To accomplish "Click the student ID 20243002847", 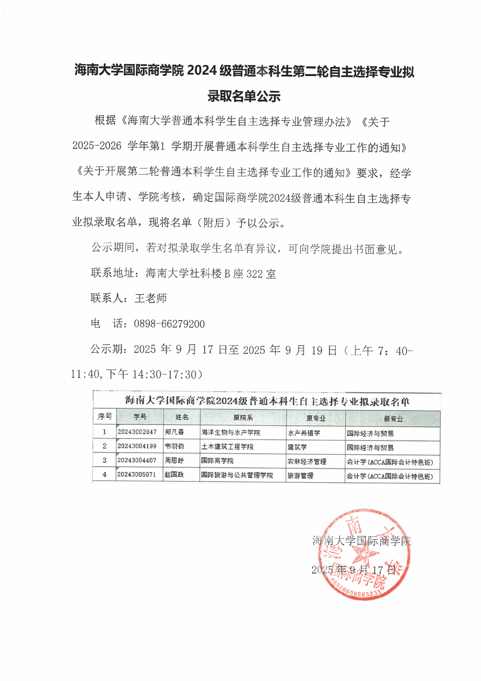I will [137, 432].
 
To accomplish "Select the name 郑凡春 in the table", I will [174, 432].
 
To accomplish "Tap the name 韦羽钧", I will [174, 446].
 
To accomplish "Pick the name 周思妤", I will [174, 460].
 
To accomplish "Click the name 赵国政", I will [174, 474].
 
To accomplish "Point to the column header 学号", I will [140, 417].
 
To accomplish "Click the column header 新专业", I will [393, 419].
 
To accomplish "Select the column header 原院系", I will [243, 418].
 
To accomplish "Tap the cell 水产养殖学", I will [304, 433].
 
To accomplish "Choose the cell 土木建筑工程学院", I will [227, 447].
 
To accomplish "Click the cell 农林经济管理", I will [307, 461].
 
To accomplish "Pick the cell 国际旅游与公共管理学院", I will [237, 475].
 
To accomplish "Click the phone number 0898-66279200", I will [169, 324].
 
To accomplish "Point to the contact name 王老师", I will [151, 298].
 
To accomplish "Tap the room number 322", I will [254, 274].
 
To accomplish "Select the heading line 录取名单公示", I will [244, 96].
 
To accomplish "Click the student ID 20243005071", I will [137, 474].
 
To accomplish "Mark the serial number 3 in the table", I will [105, 460].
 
